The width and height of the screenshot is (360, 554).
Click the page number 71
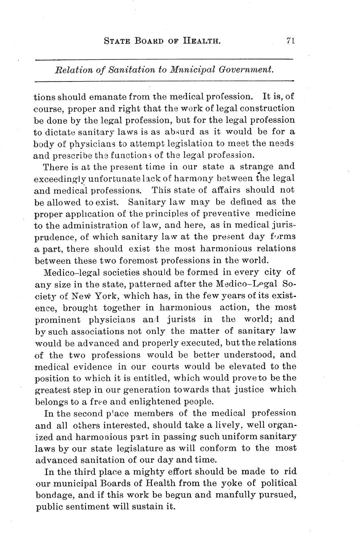[x=291, y=41]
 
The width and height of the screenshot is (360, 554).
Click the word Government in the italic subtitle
[x=246, y=69]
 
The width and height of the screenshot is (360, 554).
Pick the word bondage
[x=52, y=495]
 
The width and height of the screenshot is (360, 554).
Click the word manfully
[x=235, y=495]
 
